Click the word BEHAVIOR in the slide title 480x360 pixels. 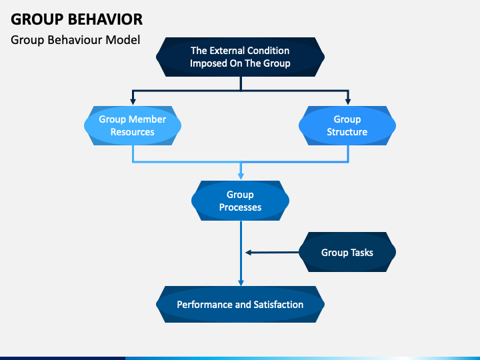tap(105, 19)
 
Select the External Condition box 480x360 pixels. tap(240, 57)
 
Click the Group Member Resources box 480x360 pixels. tap(133, 125)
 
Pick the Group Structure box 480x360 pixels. tap(347, 125)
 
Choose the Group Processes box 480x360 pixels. tap(240, 201)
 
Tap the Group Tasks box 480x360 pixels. tap(347, 252)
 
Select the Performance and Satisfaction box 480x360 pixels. tap(240, 304)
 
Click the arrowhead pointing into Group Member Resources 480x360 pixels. tap(133, 101)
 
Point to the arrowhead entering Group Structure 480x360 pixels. tap(348, 101)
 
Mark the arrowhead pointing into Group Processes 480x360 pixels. tap(241, 176)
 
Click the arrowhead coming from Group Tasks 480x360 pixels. tap(249, 252)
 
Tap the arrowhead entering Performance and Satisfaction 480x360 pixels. tap(241, 282)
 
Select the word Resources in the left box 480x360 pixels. tap(133, 132)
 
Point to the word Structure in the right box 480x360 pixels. tap(347, 132)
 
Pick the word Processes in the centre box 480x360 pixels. tap(240, 207)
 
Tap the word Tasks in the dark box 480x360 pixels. tap(362, 253)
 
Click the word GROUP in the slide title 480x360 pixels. tap(37, 19)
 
